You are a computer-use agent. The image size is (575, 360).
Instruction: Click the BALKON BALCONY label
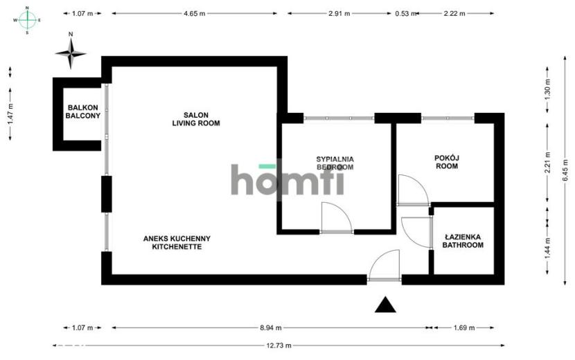coord(83,111)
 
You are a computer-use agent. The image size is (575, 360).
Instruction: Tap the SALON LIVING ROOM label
coord(196,119)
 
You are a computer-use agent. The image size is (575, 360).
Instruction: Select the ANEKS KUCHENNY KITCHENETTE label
coord(177,243)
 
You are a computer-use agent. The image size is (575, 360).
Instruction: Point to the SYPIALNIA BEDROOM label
coord(335,163)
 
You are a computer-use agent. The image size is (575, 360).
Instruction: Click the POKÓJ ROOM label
coord(447,162)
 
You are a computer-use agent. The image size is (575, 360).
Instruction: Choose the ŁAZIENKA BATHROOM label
coord(463,241)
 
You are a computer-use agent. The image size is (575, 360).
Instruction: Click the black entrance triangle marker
coord(385,305)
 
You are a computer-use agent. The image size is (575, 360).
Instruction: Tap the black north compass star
coord(71,53)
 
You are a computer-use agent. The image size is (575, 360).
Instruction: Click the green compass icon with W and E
coord(28,20)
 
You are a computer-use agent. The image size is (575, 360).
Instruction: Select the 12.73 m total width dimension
coord(278,345)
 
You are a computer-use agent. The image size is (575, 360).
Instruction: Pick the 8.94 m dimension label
coord(271,327)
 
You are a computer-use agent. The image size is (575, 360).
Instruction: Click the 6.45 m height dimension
coord(565,170)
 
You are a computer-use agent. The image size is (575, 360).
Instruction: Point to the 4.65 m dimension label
coord(195,14)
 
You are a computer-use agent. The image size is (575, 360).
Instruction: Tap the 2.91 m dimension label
coord(339,14)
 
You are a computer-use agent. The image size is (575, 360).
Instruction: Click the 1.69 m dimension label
coord(464,327)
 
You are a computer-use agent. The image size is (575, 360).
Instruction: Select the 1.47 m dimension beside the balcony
coord(10,114)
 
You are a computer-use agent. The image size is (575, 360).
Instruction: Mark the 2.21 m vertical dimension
coord(547,163)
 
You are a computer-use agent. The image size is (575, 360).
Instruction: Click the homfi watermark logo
coord(287,179)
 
